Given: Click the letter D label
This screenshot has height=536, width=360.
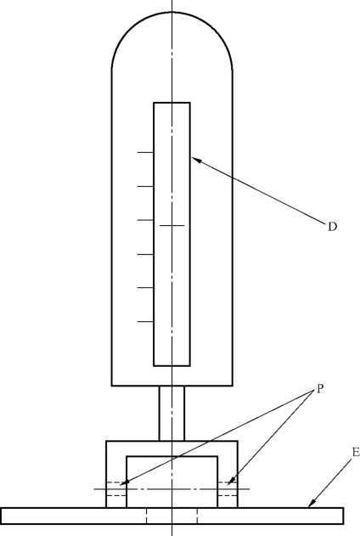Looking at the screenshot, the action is click(332, 226).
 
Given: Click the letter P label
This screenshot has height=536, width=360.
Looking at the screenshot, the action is click(320, 388).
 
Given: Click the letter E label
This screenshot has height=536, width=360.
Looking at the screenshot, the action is click(356, 452).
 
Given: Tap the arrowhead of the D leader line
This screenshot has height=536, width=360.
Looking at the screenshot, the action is click(194, 159).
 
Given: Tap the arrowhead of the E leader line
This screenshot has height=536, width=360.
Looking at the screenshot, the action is click(311, 504).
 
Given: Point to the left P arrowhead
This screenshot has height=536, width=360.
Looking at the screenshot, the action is click(125, 482).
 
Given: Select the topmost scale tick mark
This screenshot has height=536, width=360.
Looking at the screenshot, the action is click(145, 152).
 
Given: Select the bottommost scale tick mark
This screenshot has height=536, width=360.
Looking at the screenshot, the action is click(145, 322).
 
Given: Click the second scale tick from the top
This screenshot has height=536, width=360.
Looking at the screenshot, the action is click(145, 186).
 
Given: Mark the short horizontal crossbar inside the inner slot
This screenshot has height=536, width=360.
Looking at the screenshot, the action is click(172, 226).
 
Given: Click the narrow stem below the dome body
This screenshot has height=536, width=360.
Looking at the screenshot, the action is click(172, 414).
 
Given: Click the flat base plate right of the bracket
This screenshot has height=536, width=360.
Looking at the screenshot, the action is click(290, 516).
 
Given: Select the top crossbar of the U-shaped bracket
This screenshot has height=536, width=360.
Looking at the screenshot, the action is click(172, 449).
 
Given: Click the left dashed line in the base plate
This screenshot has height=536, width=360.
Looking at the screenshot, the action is click(147, 516).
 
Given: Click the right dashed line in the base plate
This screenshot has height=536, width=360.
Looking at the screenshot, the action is click(197, 516).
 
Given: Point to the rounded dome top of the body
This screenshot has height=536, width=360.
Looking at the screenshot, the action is click(172, 12).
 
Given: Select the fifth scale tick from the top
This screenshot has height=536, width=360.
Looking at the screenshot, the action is click(145, 288).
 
